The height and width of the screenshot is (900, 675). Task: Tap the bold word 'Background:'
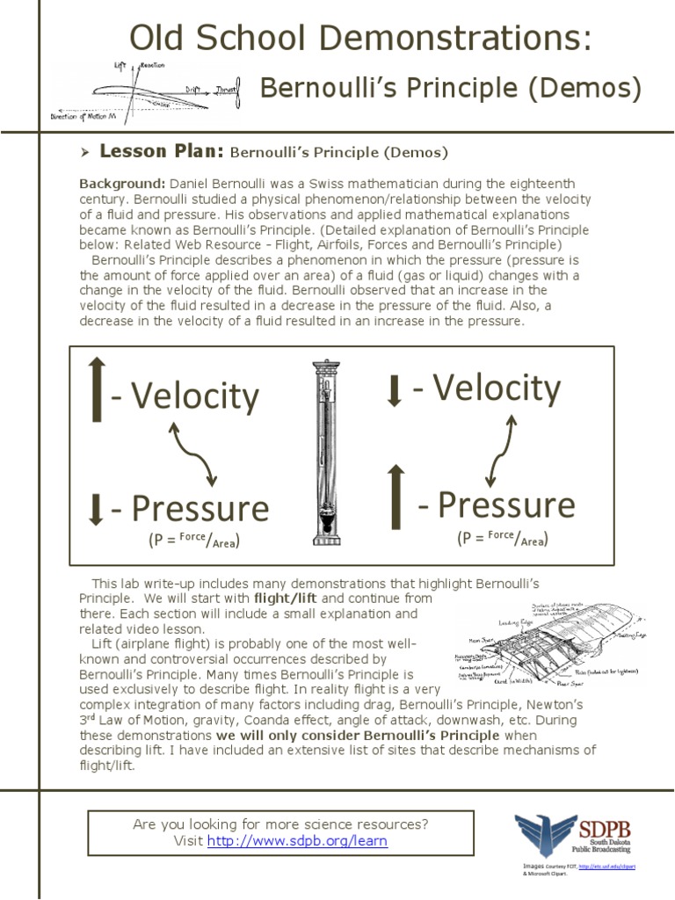pos(121,183)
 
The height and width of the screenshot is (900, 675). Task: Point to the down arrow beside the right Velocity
pos(395,391)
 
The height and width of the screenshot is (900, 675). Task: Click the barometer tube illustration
pos(326,453)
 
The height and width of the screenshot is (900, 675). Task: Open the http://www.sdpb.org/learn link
pos(297,841)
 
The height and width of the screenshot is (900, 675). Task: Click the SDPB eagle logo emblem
pos(542,838)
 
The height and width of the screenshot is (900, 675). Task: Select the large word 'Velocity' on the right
pos(486,388)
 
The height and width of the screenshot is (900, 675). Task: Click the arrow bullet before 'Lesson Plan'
pos(85,153)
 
